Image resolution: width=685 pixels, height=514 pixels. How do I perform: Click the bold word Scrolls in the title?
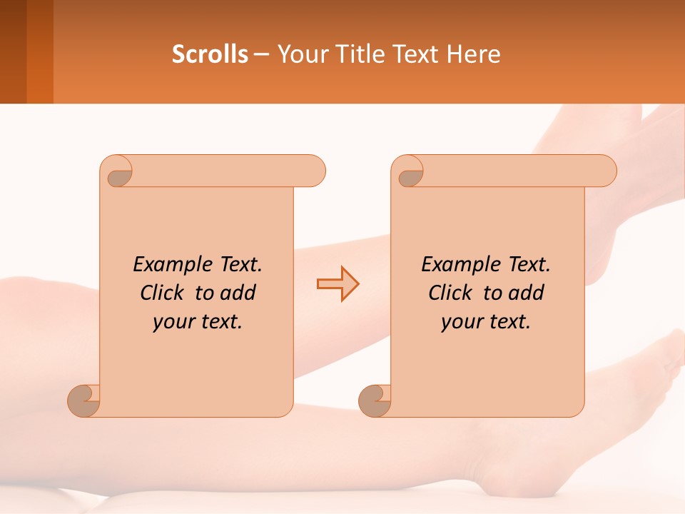click(x=210, y=54)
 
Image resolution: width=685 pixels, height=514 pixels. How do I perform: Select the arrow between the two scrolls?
click(x=338, y=283)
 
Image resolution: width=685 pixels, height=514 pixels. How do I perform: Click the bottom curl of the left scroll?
click(x=83, y=400)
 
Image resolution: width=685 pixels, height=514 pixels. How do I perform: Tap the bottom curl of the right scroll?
click(x=375, y=400)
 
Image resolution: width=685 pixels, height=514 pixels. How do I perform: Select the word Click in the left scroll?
click(x=161, y=293)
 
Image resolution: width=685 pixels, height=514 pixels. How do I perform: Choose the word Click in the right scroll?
click(x=450, y=293)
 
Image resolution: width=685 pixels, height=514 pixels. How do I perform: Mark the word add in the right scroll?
click(x=527, y=293)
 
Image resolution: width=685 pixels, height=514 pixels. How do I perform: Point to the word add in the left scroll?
click(x=238, y=293)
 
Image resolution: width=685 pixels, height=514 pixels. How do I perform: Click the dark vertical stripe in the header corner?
click(x=13, y=51)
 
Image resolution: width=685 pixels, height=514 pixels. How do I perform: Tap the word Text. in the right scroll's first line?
click(x=529, y=265)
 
